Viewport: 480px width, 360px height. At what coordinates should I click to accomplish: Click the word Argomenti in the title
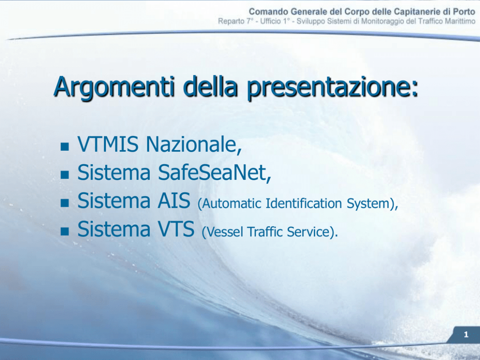[x=114, y=87]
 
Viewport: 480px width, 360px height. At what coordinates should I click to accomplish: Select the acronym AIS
[x=174, y=201]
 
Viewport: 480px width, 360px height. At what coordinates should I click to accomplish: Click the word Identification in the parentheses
[x=303, y=204]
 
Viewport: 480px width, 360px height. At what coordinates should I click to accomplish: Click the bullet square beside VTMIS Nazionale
[x=64, y=147]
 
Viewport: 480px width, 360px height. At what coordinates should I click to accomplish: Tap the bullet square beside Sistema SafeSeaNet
[x=64, y=175]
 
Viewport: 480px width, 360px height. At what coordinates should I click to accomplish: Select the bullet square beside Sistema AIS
[x=64, y=203]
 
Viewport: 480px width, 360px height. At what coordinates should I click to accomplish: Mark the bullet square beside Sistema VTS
[x=64, y=231]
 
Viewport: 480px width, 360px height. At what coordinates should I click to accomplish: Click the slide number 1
[x=466, y=334]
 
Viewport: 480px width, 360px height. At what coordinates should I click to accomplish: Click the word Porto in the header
[x=464, y=12]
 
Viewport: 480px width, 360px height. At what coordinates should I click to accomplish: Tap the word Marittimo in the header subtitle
[x=460, y=21]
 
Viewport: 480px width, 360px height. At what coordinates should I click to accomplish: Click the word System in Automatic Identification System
[x=368, y=204]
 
